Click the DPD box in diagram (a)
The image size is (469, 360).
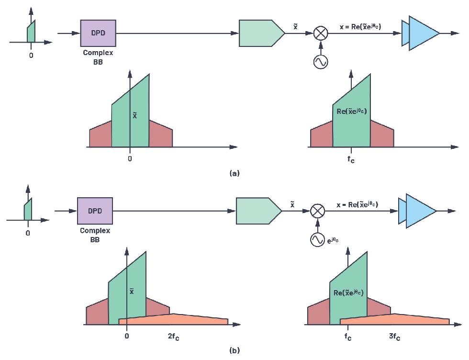(x=98, y=33)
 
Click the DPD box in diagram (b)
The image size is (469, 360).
(x=95, y=211)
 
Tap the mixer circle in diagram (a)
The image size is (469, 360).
(x=320, y=33)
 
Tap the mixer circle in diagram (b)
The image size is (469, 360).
(x=317, y=211)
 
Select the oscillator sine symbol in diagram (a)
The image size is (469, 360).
(x=320, y=61)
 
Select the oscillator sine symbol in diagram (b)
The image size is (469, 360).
(x=317, y=240)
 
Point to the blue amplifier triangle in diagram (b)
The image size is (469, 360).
(x=420, y=211)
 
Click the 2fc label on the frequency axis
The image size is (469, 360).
(x=173, y=337)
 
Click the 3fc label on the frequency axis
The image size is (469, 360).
(x=394, y=337)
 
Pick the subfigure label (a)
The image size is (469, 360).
(x=234, y=173)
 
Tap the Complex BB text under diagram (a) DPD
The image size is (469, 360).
(x=98, y=57)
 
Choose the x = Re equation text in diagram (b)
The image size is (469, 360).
(x=357, y=205)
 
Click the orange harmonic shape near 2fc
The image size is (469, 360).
(x=191, y=320)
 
